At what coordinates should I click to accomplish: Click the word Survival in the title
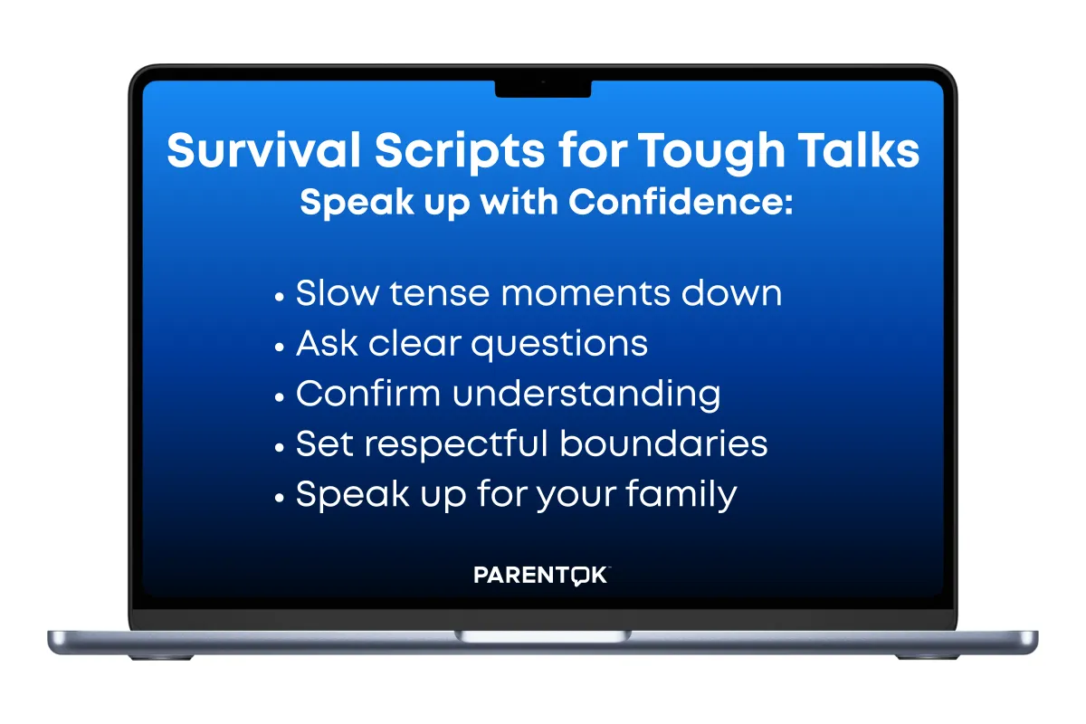tap(263, 149)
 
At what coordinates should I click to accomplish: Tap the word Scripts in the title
tap(460, 152)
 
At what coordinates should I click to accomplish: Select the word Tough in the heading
tap(710, 152)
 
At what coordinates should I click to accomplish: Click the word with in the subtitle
tap(519, 201)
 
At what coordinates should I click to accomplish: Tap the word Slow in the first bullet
tap(338, 293)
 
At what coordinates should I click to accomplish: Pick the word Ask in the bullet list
tap(327, 343)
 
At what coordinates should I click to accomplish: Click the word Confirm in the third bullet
tap(368, 393)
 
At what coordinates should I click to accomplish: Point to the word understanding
tap(586, 395)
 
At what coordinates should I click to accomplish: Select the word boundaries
tap(663, 443)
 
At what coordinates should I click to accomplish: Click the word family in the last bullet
tap(681, 495)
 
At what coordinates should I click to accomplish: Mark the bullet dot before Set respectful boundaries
tap(279, 448)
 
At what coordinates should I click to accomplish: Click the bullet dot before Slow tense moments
tap(279, 297)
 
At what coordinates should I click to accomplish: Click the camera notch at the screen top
tap(543, 89)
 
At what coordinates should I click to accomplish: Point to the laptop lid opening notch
tap(543, 636)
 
